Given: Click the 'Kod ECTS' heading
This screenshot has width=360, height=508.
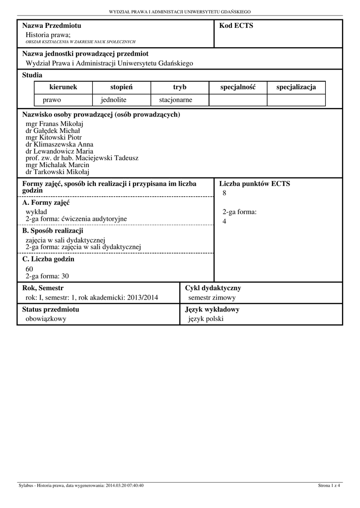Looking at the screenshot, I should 236,26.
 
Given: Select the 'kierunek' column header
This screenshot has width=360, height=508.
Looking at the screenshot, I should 63,87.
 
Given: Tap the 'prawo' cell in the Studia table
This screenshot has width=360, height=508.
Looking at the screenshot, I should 52,100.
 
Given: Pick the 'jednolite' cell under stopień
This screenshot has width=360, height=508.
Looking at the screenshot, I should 114,100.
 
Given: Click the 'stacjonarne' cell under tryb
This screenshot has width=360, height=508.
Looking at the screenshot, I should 175,100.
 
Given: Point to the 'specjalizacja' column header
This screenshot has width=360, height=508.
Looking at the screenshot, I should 296,87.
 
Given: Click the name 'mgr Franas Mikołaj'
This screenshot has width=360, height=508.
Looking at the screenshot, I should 54,124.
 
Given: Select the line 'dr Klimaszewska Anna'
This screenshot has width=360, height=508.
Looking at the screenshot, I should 59,145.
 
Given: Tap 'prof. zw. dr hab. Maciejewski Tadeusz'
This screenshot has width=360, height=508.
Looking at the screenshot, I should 82,158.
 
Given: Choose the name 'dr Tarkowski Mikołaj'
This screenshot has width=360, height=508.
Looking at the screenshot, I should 57,172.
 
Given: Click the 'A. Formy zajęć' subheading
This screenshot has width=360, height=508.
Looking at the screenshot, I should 46,203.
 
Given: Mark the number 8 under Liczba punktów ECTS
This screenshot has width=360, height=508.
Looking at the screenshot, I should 224,193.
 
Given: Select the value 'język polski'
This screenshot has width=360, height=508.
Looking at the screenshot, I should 206,319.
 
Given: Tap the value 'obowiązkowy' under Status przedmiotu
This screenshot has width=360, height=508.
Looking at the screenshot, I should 46,319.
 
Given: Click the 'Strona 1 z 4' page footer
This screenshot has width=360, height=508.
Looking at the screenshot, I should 329,486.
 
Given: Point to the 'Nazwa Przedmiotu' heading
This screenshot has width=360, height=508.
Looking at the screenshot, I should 52,26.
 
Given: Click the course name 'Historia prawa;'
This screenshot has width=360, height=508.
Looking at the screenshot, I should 48,35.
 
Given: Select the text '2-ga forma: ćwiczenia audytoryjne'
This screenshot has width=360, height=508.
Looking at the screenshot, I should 76,219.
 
